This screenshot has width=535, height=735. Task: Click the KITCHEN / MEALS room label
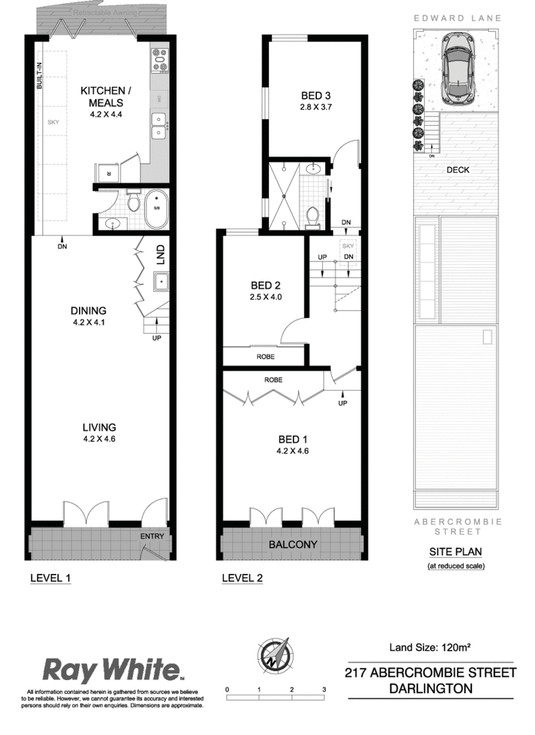click(100, 96)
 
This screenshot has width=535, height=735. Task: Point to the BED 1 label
click(293, 439)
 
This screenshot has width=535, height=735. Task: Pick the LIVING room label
click(100, 427)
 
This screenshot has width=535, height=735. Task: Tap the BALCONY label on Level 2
click(293, 544)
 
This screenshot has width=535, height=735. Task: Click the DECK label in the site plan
click(458, 170)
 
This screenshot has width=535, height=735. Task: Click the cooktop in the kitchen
click(161, 60)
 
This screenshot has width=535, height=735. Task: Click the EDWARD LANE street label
click(458, 18)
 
